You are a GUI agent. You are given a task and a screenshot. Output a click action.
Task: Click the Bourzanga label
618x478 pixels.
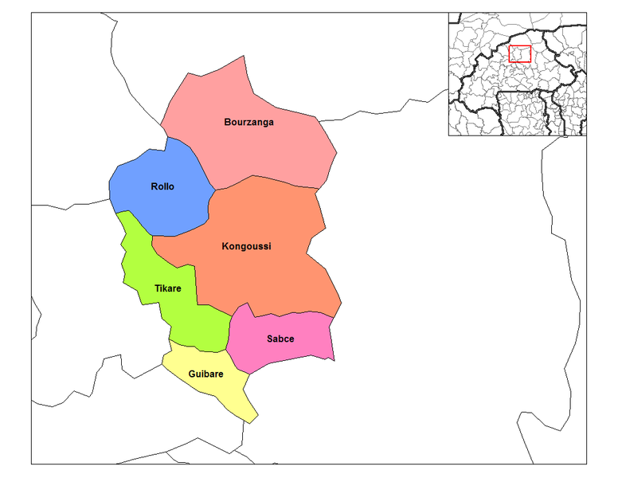tap(248, 122)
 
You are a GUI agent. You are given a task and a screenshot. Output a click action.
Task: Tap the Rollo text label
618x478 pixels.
tap(162, 186)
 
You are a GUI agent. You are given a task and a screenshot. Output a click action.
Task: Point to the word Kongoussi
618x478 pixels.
tap(246, 246)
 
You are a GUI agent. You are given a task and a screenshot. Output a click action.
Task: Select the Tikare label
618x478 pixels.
tap(166, 288)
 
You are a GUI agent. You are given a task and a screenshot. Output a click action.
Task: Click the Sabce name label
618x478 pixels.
tap(280, 339)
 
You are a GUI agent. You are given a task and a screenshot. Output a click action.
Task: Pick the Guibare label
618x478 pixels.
tap(205, 373)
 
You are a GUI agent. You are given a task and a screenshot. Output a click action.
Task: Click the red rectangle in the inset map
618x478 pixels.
tap(519, 53)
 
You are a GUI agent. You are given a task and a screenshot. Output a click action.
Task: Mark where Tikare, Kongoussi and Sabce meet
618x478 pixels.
tap(231, 313)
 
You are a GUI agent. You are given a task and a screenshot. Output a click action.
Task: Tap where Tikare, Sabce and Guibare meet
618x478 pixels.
tap(226, 351)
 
